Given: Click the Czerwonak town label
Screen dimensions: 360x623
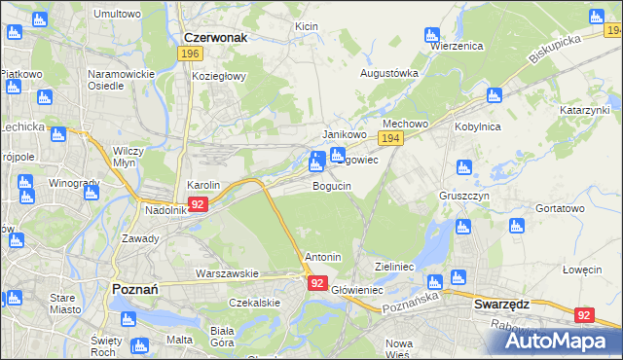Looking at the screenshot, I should [x=215, y=37].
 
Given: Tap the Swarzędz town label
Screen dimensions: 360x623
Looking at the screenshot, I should [x=500, y=304].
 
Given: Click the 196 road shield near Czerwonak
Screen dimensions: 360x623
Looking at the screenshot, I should [x=191, y=54].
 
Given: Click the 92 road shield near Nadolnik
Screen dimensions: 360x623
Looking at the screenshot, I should [x=198, y=204].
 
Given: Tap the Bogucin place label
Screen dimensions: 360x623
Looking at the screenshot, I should [x=331, y=185].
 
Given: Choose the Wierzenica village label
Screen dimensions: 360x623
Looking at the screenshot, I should [x=457, y=46].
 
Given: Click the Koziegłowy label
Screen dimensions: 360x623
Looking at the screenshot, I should [x=220, y=75].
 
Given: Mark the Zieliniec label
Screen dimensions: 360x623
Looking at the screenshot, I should [x=395, y=266].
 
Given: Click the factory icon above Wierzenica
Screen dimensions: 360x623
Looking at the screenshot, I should [x=433, y=35].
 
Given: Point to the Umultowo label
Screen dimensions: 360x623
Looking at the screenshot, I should [x=117, y=14].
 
